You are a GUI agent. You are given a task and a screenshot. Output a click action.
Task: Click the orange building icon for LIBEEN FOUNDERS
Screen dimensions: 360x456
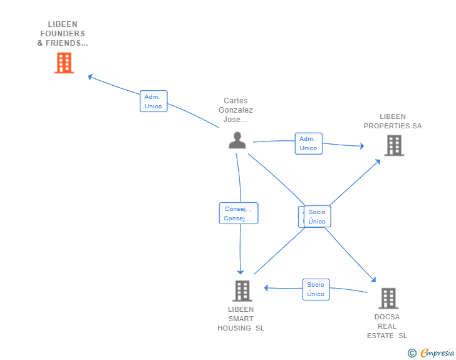click(x=64, y=63)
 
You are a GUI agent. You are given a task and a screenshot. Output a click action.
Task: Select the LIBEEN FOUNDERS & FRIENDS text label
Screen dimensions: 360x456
click(x=63, y=34)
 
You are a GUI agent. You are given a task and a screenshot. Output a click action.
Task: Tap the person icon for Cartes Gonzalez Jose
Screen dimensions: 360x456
click(x=237, y=140)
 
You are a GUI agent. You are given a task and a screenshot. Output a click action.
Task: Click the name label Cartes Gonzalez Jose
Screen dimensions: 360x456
click(x=236, y=110)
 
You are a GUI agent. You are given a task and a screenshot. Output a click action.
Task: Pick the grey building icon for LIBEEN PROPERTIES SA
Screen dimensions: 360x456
click(x=393, y=145)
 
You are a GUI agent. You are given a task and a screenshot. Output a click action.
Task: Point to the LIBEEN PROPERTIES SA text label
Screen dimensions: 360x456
click(x=393, y=121)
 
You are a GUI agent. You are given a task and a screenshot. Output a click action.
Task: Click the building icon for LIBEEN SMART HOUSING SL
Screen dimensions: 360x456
click(x=242, y=291)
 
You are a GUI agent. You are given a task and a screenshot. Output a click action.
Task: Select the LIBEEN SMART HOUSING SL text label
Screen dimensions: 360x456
click(x=241, y=319)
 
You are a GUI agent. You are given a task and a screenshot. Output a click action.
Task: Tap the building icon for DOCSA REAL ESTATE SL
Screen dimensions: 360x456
click(x=388, y=298)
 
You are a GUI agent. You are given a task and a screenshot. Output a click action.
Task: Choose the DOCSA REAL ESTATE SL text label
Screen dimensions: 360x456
click(x=387, y=326)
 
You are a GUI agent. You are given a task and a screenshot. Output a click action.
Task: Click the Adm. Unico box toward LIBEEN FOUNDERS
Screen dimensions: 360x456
click(x=153, y=101)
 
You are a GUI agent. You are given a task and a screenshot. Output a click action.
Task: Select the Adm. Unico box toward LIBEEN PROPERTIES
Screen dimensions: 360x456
click(x=308, y=143)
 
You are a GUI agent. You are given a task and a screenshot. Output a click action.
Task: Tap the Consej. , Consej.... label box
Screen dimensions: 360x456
click(x=239, y=213)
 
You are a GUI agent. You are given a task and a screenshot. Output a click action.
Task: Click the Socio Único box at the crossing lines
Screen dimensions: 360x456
click(x=317, y=217)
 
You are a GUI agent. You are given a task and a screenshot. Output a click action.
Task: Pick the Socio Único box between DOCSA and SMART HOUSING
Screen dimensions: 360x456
click(x=316, y=289)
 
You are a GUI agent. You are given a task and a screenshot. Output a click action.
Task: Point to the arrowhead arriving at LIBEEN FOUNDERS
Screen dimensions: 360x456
click(x=90, y=77)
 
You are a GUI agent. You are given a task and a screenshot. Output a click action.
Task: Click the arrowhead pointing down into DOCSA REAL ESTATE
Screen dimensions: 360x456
click(x=373, y=281)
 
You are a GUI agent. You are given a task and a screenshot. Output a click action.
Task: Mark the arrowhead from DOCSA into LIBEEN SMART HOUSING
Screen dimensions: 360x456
click(x=266, y=288)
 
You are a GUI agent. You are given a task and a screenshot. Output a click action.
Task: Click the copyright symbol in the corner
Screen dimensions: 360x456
click(x=412, y=353)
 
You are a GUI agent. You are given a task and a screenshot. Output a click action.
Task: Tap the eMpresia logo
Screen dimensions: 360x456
click(x=437, y=352)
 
